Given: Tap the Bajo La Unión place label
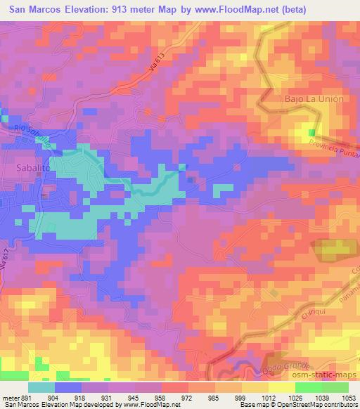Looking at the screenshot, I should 314,99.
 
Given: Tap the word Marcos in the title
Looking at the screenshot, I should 56,9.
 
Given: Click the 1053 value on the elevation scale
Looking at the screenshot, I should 347,397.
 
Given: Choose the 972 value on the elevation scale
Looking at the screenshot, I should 188,397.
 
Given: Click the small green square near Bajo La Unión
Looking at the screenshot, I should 311,131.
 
